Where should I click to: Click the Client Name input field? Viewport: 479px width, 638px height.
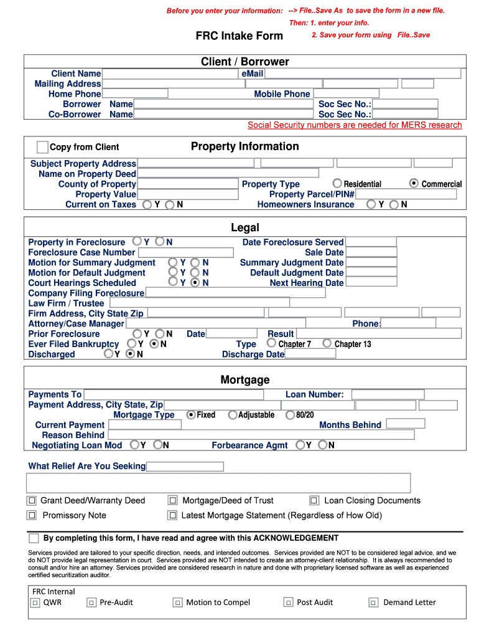170,74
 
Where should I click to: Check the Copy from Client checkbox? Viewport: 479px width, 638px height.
42,147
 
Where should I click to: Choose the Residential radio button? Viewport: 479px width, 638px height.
337,183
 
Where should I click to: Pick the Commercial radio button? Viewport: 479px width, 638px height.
414,183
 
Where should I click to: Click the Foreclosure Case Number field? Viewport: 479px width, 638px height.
185,252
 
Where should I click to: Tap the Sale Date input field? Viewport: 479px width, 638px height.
371,252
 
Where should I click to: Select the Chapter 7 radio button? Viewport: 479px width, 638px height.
272,343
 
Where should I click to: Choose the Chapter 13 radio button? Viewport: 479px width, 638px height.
327,343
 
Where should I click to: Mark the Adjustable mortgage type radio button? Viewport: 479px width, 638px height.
233,414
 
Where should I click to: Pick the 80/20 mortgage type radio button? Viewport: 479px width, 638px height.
290,414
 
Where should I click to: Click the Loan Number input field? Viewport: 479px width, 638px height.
388,394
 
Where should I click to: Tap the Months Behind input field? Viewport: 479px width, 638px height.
405,424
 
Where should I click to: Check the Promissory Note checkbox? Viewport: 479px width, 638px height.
32,515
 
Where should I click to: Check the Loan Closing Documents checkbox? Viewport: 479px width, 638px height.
314,500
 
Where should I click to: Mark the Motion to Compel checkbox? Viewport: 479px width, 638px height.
177,602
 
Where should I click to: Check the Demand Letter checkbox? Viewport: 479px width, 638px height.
373,602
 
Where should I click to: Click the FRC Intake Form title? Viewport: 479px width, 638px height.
240,36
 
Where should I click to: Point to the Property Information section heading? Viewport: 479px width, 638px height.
245,146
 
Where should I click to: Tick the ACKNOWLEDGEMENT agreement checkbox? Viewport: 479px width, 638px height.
34,538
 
